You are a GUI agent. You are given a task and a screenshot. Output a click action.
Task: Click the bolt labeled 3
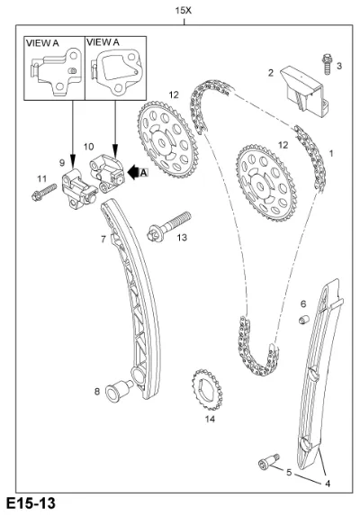tap(327, 64)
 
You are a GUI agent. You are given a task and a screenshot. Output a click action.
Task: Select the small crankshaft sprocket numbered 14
tap(207, 390)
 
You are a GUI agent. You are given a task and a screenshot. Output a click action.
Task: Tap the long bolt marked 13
tap(168, 226)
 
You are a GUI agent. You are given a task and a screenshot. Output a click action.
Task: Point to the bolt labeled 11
tap(44, 193)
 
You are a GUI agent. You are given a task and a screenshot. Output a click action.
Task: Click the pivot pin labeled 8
tap(119, 390)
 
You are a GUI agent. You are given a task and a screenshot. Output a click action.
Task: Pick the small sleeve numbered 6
tap(304, 319)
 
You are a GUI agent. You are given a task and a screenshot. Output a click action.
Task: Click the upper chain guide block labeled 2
tap(305, 89)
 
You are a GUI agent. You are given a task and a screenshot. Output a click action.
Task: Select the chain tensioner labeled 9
tap(79, 188)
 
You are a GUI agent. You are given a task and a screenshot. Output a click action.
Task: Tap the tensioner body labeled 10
tap(107, 173)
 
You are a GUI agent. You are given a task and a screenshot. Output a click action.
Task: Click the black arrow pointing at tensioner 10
tap(133, 172)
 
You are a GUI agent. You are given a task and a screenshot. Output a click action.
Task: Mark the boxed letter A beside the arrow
tap(144, 172)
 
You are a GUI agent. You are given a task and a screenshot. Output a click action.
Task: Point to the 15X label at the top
tap(183, 11)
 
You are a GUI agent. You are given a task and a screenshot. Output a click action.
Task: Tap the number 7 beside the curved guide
tap(103, 240)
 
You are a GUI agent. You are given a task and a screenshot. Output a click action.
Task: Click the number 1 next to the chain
tap(331, 153)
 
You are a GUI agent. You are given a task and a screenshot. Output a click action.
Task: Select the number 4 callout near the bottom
tap(328, 484)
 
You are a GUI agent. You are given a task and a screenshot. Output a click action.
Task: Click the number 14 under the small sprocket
tap(210, 419)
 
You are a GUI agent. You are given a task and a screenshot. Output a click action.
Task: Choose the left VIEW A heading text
tap(42, 43)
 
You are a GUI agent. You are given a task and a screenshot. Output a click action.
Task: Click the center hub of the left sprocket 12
tap(162, 142)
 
